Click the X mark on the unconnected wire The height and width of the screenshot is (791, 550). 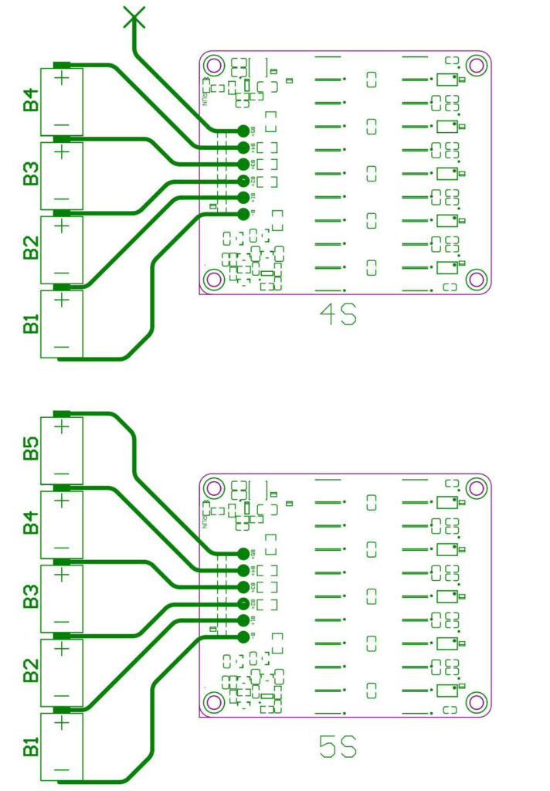134,17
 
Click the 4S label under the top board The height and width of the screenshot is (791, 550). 338,315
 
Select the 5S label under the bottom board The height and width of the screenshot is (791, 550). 338,747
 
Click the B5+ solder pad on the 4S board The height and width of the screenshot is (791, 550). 243,131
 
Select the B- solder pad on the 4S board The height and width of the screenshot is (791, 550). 243,214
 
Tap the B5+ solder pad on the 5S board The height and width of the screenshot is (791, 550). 243,553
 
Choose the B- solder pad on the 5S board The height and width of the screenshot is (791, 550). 243,637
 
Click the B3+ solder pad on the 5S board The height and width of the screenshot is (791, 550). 243,587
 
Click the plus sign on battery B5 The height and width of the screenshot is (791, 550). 63,425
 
